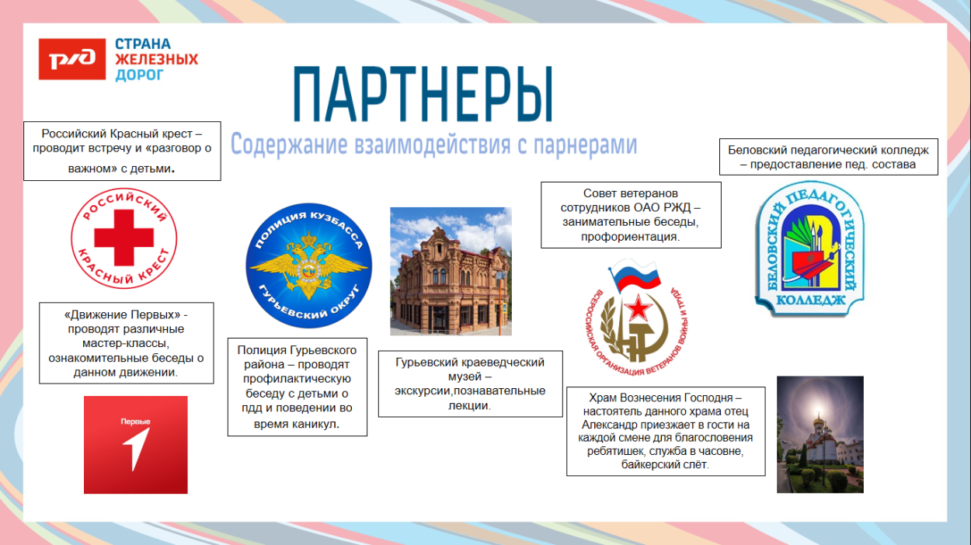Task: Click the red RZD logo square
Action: click(x=72, y=59)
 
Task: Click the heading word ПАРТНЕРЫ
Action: click(x=423, y=95)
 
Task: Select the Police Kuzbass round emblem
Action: click(x=308, y=266)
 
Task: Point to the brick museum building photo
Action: click(x=451, y=271)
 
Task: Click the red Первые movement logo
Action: click(x=135, y=445)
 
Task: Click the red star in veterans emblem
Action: click(x=638, y=309)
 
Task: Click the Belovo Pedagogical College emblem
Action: click(x=810, y=250)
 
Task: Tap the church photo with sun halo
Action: click(x=820, y=434)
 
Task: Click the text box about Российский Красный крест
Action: click(x=122, y=151)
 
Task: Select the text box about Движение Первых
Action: click(x=126, y=343)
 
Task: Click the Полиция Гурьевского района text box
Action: click(x=297, y=387)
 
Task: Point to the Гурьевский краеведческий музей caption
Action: click(x=470, y=384)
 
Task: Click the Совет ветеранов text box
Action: click(x=630, y=215)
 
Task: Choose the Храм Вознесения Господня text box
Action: click(x=665, y=430)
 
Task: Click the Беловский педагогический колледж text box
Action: click(x=828, y=157)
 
